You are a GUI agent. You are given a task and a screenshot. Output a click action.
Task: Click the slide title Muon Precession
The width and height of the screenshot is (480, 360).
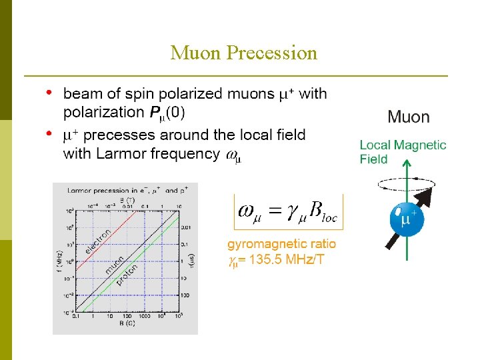click(243, 53)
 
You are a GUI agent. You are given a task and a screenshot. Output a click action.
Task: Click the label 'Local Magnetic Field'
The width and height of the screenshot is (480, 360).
click(403, 151)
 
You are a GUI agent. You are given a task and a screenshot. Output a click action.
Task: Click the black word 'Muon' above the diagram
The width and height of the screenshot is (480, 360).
click(408, 117)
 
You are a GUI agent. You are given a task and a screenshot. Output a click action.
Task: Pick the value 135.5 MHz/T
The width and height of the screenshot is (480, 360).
click(287, 259)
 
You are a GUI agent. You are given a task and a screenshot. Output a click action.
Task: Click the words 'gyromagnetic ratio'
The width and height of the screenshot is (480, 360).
click(282, 244)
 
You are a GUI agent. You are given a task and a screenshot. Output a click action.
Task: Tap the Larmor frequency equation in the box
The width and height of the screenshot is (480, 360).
click(288, 211)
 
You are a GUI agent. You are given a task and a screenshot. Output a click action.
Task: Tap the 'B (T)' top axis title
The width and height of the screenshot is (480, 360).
click(125, 199)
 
